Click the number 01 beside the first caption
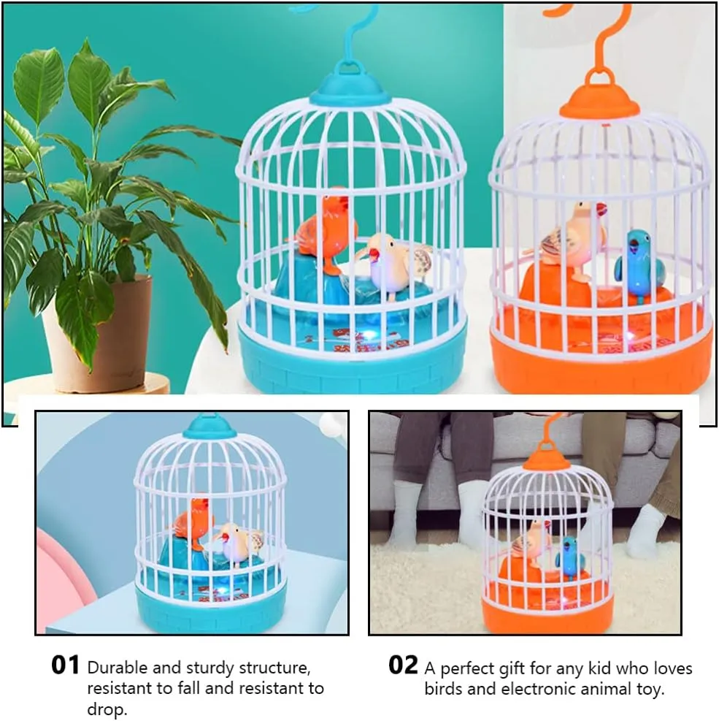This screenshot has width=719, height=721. [65, 665]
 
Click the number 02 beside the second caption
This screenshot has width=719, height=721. [403, 665]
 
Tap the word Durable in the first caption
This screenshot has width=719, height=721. [117, 668]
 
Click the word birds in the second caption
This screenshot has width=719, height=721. [443, 689]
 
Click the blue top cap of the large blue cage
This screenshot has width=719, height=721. [350, 85]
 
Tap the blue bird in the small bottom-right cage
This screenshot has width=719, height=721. [569, 556]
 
